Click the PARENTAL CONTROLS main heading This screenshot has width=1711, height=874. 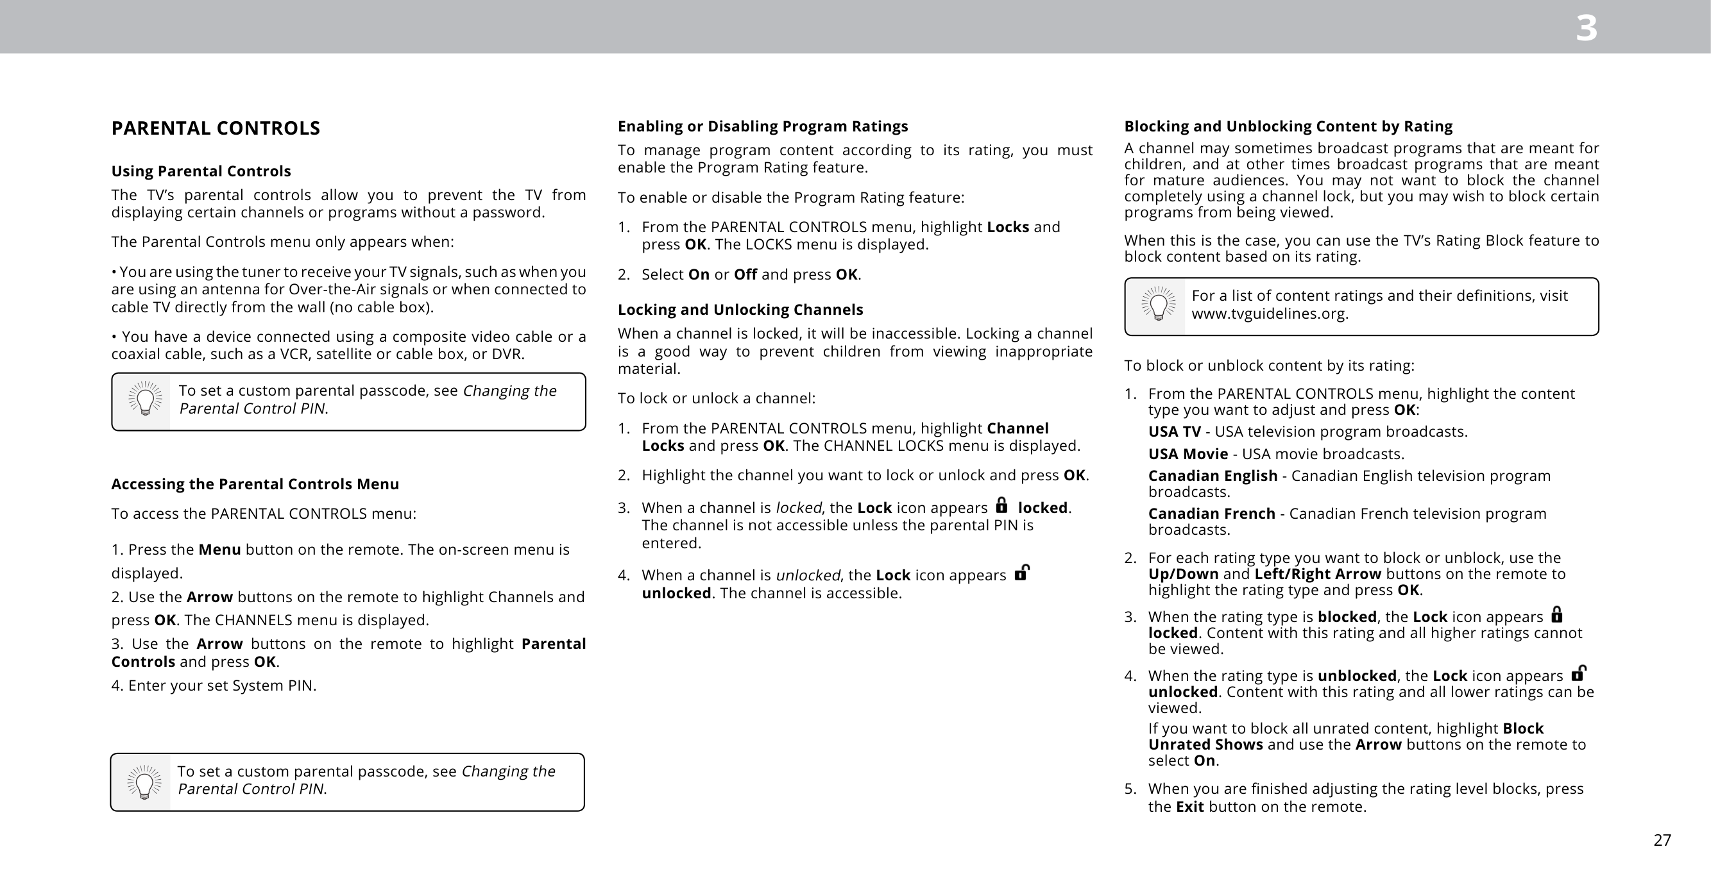pos(215,128)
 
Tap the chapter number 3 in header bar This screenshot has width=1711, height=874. pos(1586,29)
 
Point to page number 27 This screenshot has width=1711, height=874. pos(1662,840)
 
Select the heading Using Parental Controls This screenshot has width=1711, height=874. pos(201,171)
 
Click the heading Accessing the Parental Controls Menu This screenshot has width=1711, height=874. pos(255,484)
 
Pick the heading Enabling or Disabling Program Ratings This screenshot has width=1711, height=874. pos(763,126)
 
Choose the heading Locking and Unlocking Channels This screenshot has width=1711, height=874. pos(740,310)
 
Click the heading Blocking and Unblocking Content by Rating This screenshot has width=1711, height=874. pos(1288,126)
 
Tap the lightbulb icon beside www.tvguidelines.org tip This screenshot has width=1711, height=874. pos(1158,305)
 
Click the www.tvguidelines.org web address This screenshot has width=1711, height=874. pos(1270,314)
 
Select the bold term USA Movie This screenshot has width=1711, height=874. pos(1187,454)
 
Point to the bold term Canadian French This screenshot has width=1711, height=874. pos(1211,514)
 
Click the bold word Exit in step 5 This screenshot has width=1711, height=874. pos(1189,807)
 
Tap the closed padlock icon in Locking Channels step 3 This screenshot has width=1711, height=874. pos(1001,505)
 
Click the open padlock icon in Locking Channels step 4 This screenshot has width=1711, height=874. pos(1021,573)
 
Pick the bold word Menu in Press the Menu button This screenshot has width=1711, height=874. pos(219,550)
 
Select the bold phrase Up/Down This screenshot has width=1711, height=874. pos(1183,574)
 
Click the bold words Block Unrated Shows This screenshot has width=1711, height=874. pos(1346,737)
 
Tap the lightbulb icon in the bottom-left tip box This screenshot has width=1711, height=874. pos(144,782)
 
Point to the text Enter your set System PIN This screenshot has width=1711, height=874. pos(213,685)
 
